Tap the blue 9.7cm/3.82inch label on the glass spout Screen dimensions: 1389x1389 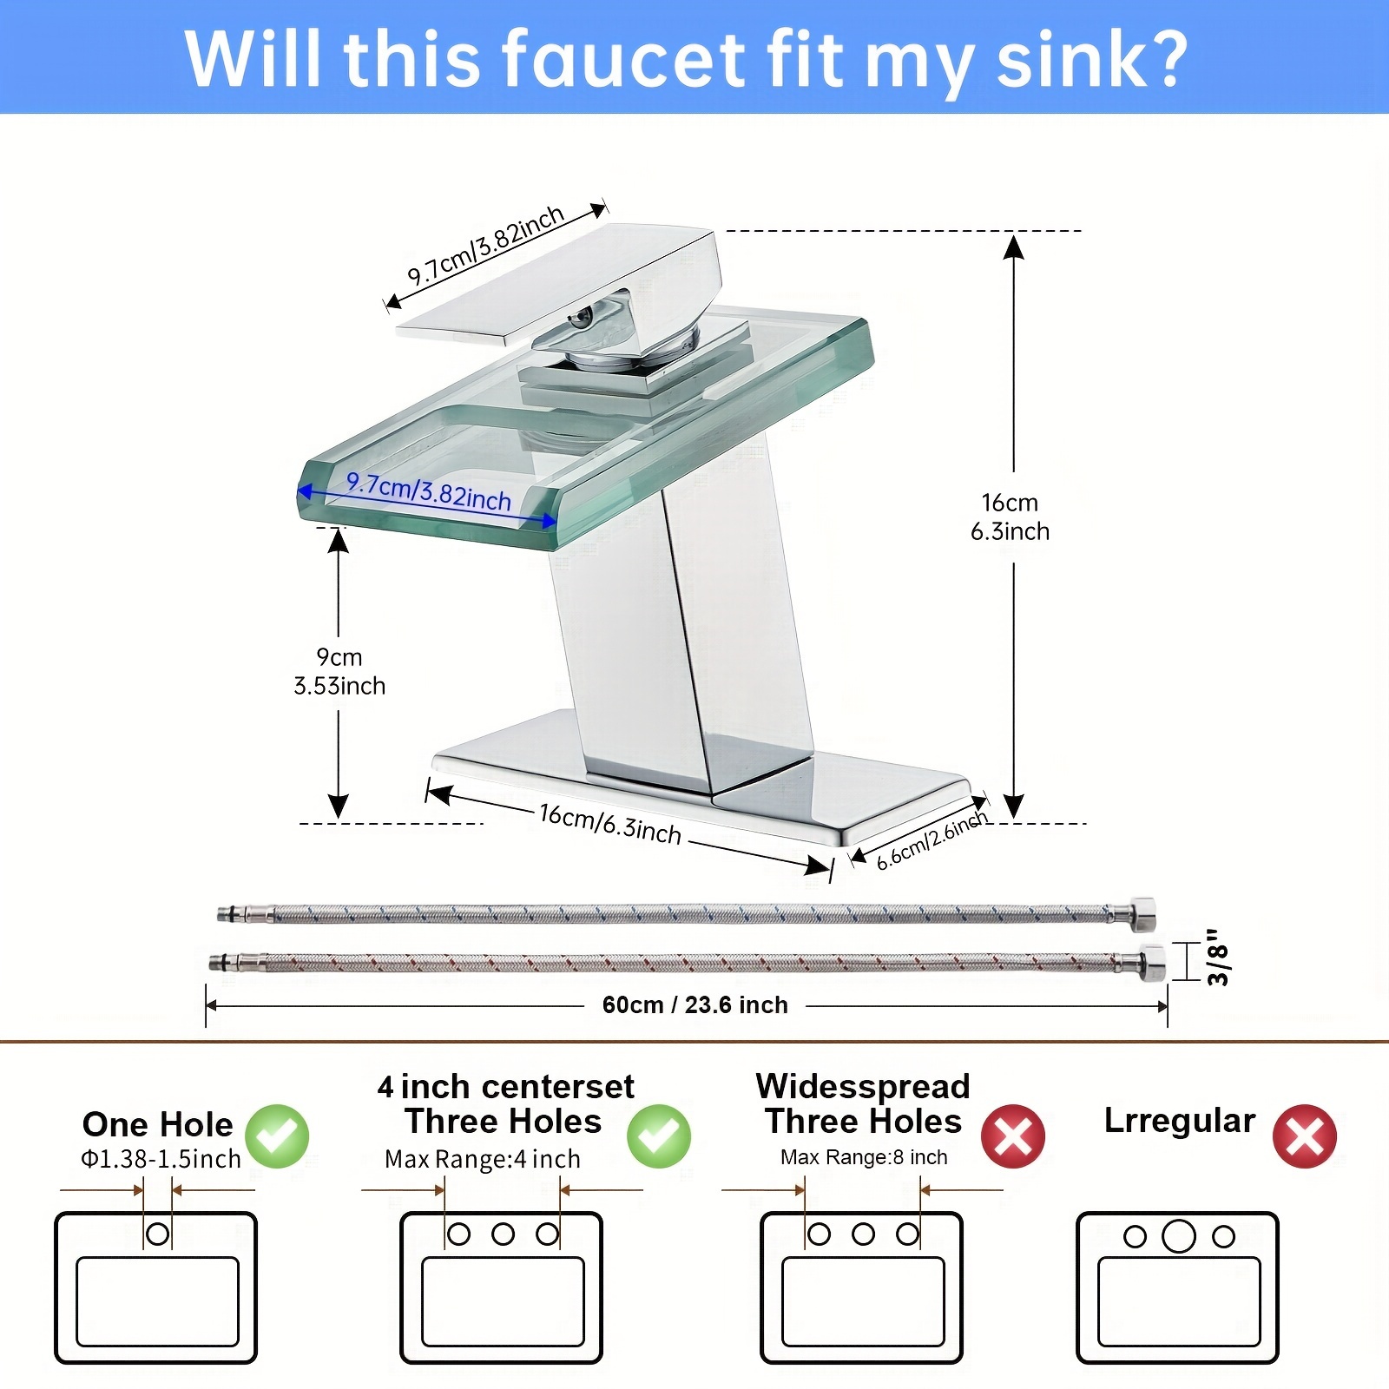tap(428, 491)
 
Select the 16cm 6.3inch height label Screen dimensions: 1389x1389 tap(1010, 517)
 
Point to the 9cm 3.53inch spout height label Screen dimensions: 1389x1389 tap(339, 671)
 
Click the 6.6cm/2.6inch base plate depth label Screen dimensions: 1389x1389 tap(931, 839)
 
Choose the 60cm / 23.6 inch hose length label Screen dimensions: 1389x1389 tap(695, 1004)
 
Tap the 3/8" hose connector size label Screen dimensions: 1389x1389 tap(1218, 958)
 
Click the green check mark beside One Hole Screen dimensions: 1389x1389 tap(277, 1136)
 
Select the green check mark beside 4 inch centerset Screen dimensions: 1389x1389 tap(659, 1136)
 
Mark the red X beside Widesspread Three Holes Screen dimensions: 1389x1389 tap(1013, 1136)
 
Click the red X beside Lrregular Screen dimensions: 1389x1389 tap(1305, 1136)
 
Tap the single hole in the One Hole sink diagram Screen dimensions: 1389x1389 tap(158, 1233)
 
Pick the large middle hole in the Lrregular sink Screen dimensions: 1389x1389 tap(1179, 1235)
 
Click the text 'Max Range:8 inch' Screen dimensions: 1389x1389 tap(864, 1157)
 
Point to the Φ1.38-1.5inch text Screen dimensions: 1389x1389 tap(161, 1159)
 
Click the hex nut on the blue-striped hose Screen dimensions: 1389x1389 tap(1143, 914)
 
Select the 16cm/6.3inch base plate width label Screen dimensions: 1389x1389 tap(610, 824)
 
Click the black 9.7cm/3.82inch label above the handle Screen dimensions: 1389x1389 tap(486, 246)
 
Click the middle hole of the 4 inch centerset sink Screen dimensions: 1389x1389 tap(504, 1234)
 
